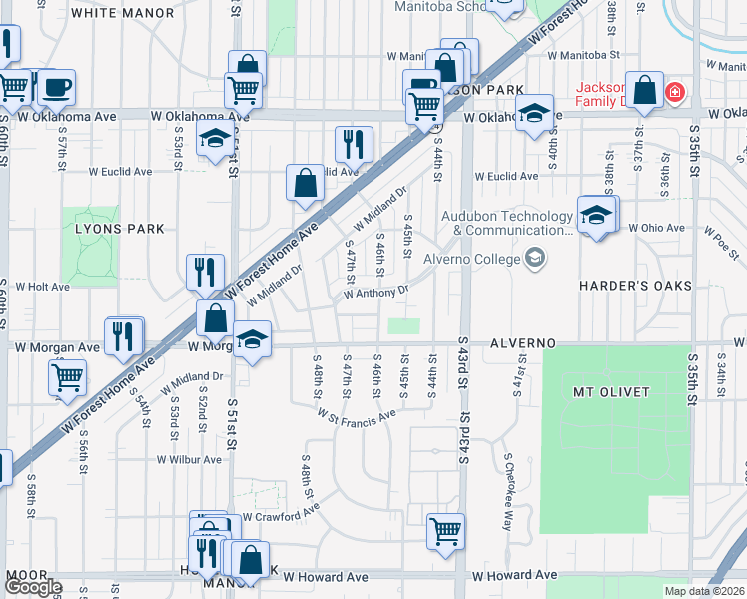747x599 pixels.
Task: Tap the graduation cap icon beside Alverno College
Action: coord(536,259)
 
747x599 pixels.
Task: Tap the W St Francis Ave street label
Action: coord(358,413)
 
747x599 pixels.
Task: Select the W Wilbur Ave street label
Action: coord(189,460)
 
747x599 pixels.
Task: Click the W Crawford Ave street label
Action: coord(281,517)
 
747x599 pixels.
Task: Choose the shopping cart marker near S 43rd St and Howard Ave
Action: coord(445,530)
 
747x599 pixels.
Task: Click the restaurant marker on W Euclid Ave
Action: coord(354,144)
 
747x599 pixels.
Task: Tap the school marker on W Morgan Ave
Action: coord(252,340)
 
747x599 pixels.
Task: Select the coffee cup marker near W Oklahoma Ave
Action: coord(56,86)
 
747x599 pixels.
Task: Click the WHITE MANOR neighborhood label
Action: coord(123,13)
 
